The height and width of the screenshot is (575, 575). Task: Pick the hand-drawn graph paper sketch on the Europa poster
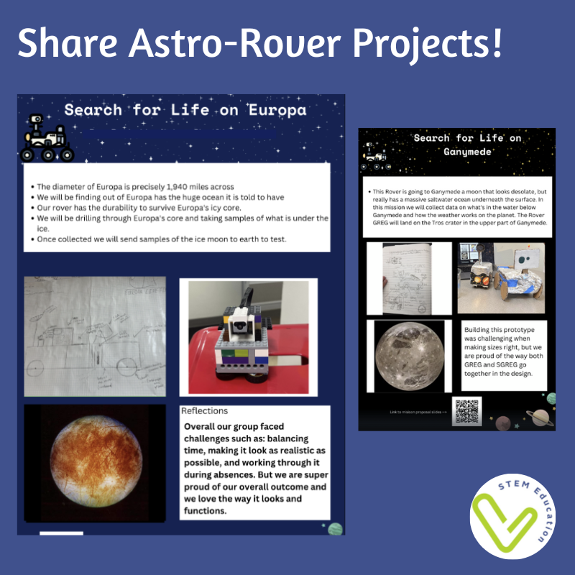95,336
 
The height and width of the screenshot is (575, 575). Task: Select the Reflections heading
205,411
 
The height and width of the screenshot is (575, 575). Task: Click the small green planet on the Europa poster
334,529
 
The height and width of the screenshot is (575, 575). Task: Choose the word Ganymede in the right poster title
456,154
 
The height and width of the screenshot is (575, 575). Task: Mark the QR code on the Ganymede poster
466,410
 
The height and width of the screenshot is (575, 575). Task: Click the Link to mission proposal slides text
418,412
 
